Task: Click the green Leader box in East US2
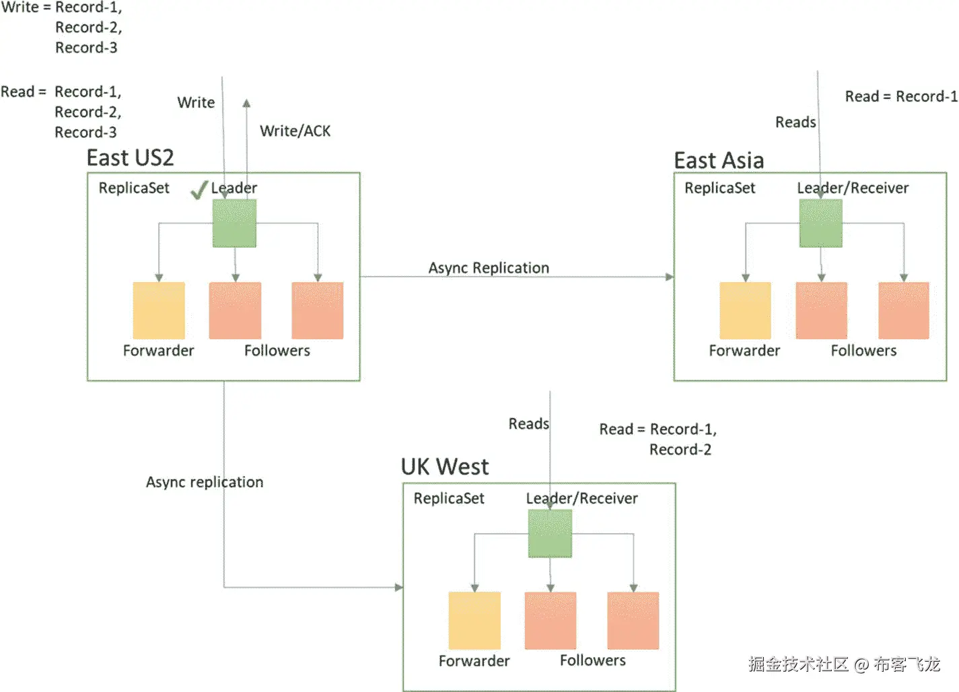coord(234,223)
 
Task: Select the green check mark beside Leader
coord(199,191)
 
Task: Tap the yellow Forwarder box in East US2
coord(159,310)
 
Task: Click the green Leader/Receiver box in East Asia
coord(820,223)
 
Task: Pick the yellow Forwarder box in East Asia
coord(745,310)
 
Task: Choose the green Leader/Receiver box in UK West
coord(550,533)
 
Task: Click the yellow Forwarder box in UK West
coord(474,620)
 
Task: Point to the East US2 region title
coord(130,158)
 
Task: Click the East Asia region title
coord(719,161)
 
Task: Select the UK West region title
coord(445,466)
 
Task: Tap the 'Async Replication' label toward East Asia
coord(489,268)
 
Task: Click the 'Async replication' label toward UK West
coord(205,482)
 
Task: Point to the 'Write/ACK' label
coord(295,131)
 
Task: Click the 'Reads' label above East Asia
coord(795,122)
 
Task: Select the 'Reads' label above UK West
coord(528,423)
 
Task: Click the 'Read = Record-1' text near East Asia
coord(901,96)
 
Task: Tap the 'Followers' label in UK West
coord(592,660)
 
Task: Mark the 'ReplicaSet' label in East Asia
coord(719,188)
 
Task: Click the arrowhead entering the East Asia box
coord(669,277)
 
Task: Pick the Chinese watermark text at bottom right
coord(844,664)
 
